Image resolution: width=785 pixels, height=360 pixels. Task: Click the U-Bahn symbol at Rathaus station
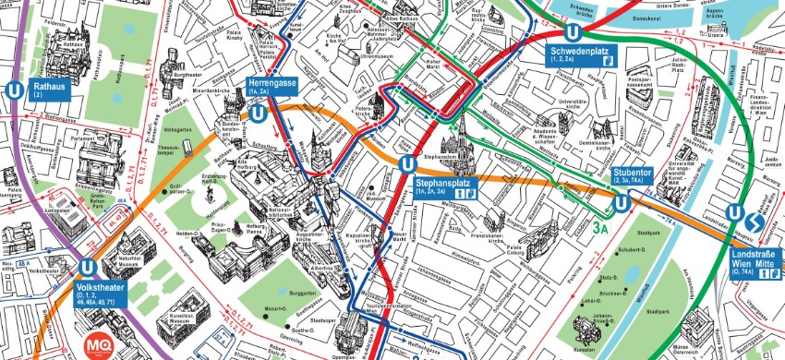tap(14, 90)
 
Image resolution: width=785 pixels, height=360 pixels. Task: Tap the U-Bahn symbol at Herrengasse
tap(260, 114)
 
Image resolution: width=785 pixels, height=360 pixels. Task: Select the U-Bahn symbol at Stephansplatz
tap(406, 164)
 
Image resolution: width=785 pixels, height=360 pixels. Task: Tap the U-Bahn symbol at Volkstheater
tap(88, 267)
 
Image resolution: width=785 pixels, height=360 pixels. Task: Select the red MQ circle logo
tap(98, 344)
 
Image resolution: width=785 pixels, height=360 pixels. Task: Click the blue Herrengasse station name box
tap(272, 87)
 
